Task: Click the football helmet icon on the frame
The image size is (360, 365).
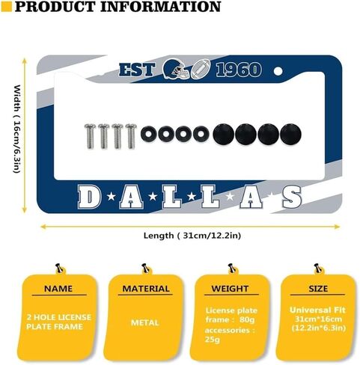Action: pyautogui.click(x=176, y=69)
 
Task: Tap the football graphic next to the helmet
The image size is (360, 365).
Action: pyautogui.click(x=201, y=69)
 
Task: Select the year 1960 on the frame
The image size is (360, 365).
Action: pyautogui.click(x=239, y=70)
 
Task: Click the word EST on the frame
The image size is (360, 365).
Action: pyautogui.click(x=137, y=70)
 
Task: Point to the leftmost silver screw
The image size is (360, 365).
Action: pyautogui.click(x=90, y=136)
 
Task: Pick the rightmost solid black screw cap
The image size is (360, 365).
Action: pyautogui.click(x=290, y=134)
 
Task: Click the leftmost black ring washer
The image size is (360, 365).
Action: pyautogui.click(x=150, y=134)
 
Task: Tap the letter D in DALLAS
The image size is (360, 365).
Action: pyautogui.click(x=89, y=197)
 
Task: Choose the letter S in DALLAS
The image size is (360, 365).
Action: pyautogui.click(x=292, y=197)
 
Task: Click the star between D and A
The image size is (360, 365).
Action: pyautogui.click(x=112, y=197)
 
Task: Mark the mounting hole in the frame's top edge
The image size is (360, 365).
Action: pyautogui.click(x=278, y=72)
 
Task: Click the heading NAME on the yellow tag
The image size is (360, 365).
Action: pyautogui.click(x=58, y=289)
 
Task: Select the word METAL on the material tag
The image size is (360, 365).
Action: pyautogui.click(x=145, y=322)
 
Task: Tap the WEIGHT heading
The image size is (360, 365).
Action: pyautogui.click(x=230, y=289)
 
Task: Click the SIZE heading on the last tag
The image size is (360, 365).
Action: pyautogui.click(x=318, y=289)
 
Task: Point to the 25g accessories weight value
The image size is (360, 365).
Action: pyautogui.click(x=213, y=340)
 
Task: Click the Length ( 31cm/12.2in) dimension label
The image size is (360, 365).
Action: pyautogui.click(x=192, y=236)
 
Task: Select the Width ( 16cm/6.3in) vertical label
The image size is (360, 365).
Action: pyautogui.click(x=16, y=129)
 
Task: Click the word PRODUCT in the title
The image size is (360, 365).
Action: pyautogui.click(x=55, y=7)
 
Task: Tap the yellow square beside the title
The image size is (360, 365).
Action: pyautogui.click(x=7, y=7)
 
